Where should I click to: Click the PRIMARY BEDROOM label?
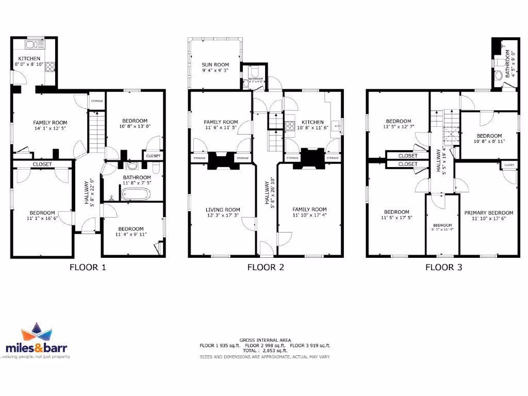click(488, 213)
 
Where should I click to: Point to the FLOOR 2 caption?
click(266, 267)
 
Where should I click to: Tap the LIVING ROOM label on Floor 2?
click(223, 210)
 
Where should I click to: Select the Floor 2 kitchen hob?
click(290, 125)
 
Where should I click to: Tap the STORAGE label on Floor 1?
click(97, 101)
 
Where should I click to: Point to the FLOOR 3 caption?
click(443, 267)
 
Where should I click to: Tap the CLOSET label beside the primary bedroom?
click(509, 165)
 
